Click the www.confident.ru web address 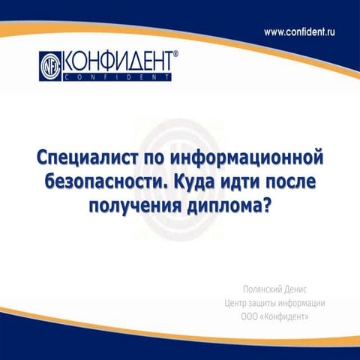click(x=307, y=32)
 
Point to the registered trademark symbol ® click(x=175, y=53)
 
